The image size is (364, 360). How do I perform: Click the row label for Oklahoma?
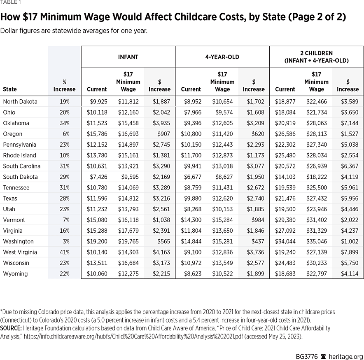(16, 123)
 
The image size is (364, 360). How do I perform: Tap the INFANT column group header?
(128, 57)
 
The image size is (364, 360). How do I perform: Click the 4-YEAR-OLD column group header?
(222, 57)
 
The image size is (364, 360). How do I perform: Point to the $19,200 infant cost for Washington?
(97, 241)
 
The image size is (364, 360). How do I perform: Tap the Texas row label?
(10, 199)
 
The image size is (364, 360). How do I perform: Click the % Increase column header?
(64, 86)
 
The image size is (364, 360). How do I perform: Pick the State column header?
(10, 89)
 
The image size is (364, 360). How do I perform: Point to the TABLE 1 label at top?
(9, 2)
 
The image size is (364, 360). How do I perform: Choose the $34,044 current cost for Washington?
(285, 241)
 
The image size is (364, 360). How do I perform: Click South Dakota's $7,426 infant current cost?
(98, 177)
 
